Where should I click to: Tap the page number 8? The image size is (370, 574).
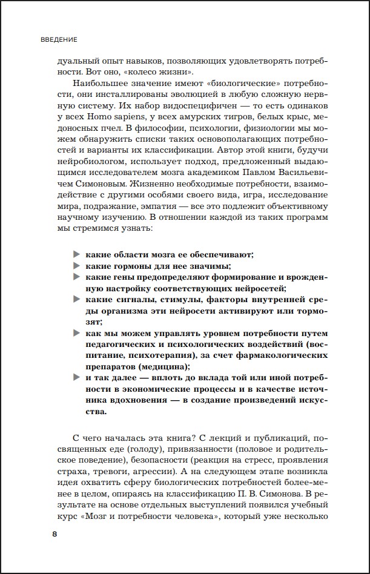coord(55,534)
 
